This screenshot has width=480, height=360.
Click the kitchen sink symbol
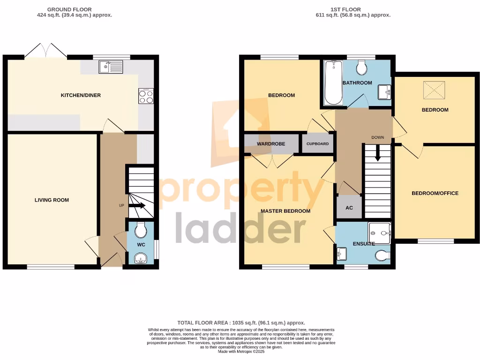pos(111,68)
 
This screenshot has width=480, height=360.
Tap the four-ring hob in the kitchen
pos(146,96)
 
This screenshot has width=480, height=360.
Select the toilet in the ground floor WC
pos(141,230)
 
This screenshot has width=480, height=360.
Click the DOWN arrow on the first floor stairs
pos(377,156)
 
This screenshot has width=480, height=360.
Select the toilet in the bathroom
pos(362,68)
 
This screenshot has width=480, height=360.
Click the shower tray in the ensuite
pos(380,232)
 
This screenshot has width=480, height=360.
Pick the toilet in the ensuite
pos(382,256)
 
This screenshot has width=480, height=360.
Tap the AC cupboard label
pos(349,208)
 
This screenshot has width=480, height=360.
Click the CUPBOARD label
pos(317,144)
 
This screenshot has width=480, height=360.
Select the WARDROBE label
pos(271,143)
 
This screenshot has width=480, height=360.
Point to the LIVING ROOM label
pos(52,200)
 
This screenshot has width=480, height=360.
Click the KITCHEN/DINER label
pos(81,95)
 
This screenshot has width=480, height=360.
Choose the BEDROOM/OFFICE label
pos(435,193)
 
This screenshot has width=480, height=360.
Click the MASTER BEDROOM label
pos(285,211)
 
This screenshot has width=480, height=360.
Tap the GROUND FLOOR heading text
pos(69,9)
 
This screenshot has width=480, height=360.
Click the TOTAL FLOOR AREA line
pos(241,322)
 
